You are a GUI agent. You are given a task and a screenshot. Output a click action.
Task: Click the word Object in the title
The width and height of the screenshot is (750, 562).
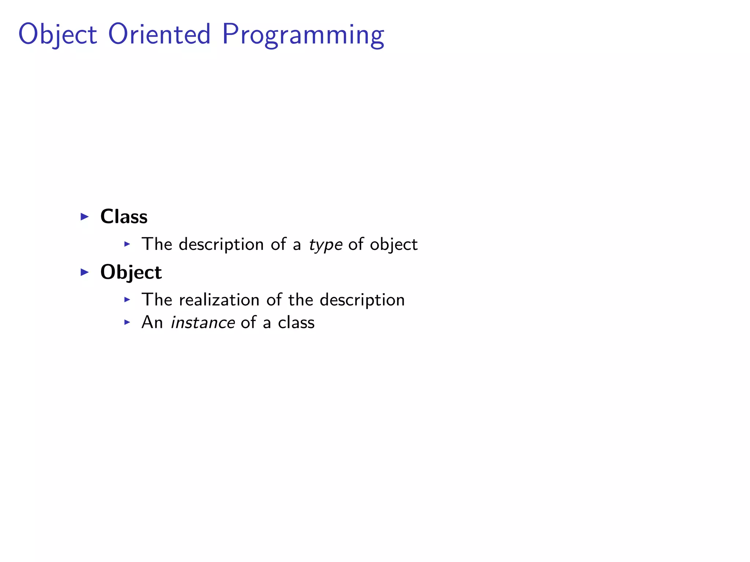pos(57,35)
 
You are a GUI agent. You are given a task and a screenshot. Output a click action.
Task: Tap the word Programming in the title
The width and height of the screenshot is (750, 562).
pos(303,35)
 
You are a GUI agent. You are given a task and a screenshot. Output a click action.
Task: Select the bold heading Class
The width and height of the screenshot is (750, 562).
pos(124,216)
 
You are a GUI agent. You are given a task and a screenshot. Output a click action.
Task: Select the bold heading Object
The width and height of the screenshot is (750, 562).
pos(131,272)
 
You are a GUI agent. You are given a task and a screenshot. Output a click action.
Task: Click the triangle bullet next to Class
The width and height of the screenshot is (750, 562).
pos(85,217)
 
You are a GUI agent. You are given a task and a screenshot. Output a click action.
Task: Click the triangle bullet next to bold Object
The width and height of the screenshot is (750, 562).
pos(85,272)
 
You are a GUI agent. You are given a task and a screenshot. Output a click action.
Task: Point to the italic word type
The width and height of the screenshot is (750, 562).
pos(326,245)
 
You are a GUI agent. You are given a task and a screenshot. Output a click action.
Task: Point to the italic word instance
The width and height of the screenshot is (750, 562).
pos(203,323)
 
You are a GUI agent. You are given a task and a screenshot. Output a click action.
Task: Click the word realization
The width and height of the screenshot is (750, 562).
pos(219,300)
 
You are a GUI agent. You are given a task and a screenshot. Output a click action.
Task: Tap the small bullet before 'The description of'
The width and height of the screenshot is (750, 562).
pos(127,244)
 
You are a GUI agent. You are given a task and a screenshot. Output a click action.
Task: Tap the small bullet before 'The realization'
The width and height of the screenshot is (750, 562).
pos(127,300)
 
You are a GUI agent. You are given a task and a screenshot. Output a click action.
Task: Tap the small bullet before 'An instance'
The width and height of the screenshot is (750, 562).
pos(127,322)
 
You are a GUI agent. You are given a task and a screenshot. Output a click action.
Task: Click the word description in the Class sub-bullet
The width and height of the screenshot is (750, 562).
pos(221,244)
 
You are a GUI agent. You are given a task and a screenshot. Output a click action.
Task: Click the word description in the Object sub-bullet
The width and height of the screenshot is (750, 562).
pos(362,300)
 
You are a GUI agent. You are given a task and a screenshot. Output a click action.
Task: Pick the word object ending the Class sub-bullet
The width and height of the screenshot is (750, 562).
pos(393,244)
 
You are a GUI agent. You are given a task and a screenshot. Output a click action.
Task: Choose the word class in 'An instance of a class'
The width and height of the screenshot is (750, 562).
pos(296,322)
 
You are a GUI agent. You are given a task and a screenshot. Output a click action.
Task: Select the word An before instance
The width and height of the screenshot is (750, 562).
pos(152,322)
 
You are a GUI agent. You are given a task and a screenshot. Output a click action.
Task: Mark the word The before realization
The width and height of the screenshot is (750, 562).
pos(157,300)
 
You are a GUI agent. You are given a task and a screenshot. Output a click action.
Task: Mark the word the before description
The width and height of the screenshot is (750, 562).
pos(300,300)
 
